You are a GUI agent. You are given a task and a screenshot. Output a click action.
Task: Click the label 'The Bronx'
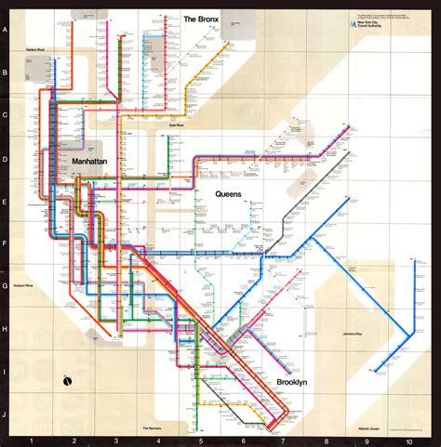tap(201, 19)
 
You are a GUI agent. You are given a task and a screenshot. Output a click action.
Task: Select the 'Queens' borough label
tap(228, 193)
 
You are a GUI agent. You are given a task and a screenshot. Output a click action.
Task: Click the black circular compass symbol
tap(68, 379)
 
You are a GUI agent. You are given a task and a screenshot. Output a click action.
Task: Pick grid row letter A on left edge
tap(7, 30)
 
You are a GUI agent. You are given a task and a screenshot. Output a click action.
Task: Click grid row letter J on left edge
tap(7, 415)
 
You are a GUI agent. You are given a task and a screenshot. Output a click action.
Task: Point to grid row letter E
tap(7, 202)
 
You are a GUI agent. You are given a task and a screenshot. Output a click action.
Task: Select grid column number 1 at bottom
tap(32, 440)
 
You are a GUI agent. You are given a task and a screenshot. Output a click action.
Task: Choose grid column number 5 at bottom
tap(200, 440)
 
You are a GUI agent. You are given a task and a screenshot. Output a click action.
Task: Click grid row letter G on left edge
tap(7, 287)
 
